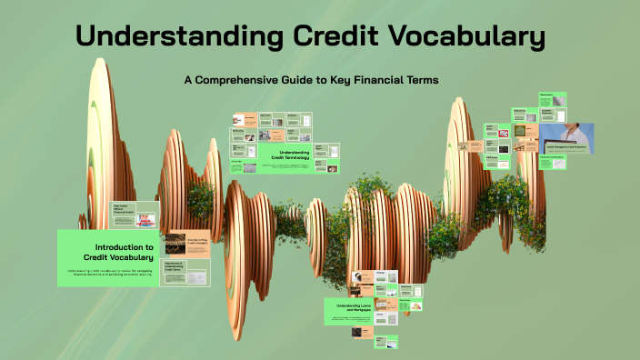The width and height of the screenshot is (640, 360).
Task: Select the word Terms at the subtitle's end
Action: (423, 80)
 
